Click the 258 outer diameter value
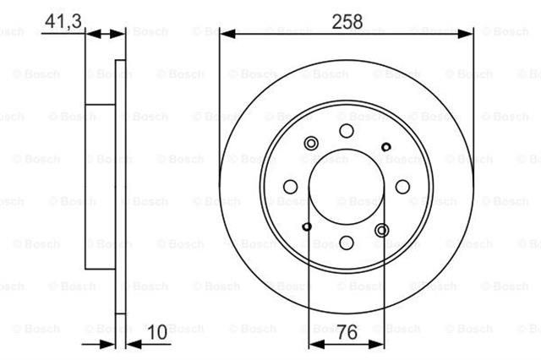coord(347,21)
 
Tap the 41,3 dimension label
coord(63,21)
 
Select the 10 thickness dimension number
coord(157,332)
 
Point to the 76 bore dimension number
coord(347,332)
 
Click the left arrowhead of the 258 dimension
coord(227,34)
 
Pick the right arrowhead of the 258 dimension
coord(465,34)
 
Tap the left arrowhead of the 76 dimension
coord(317,344)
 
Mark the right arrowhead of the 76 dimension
coord(376,344)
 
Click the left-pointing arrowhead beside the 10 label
coord(134,344)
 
